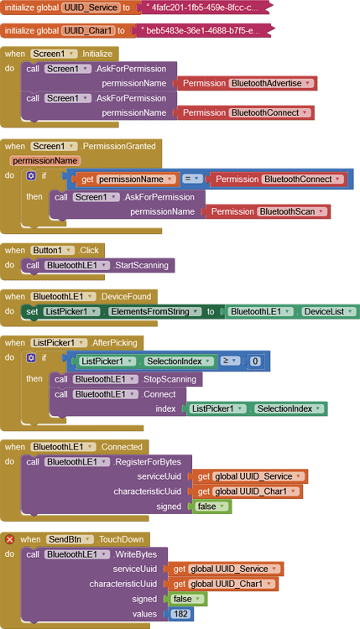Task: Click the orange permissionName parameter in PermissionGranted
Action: point(44,160)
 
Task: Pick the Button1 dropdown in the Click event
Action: point(55,250)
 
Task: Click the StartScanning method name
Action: point(143,266)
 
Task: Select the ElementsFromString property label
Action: point(155,312)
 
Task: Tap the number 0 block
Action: point(255,361)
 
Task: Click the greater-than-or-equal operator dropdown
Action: point(230,361)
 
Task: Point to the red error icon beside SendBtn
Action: point(10,539)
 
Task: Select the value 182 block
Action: point(180,615)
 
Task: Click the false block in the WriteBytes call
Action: point(181,599)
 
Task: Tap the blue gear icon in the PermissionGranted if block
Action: point(31,176)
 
